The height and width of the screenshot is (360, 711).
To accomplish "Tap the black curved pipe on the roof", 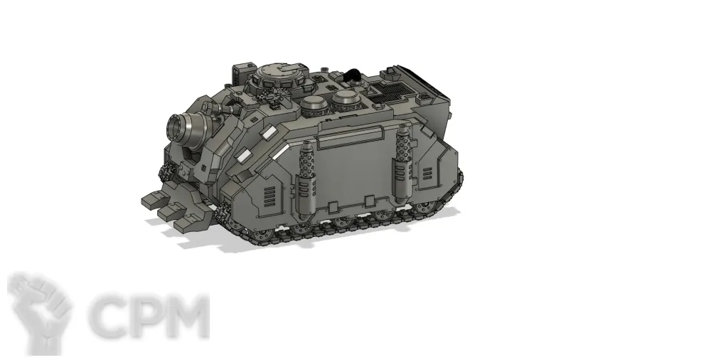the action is point(351,75).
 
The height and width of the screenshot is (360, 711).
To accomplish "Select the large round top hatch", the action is point(282,72).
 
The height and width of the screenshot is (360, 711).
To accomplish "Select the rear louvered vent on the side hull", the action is point(427,173).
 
